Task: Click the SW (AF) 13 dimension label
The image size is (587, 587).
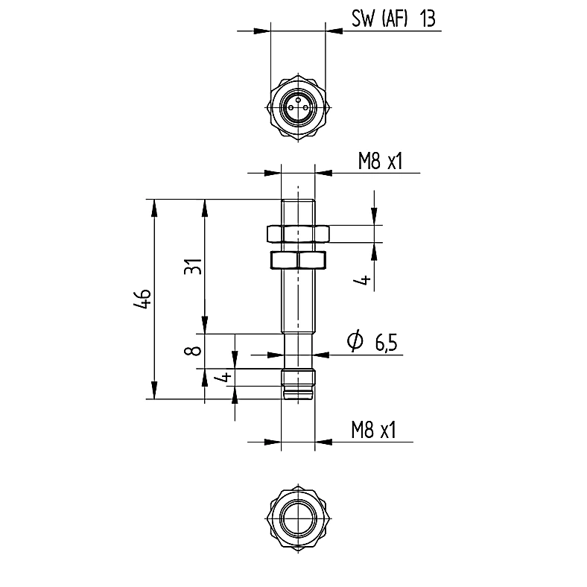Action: (x=393, y=19)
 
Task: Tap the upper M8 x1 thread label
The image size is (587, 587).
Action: (x=381, y=162)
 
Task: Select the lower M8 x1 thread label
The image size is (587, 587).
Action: (x=373, y=430)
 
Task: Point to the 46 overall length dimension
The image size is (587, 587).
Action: (x=142, y=299)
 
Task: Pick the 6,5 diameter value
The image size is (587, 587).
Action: (x=386, y=343)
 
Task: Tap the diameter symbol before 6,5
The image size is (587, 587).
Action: (x=355, y=340)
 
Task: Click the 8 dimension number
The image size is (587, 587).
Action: (x=193, y=351)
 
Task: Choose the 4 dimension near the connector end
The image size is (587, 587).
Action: (x=225, y=378)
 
